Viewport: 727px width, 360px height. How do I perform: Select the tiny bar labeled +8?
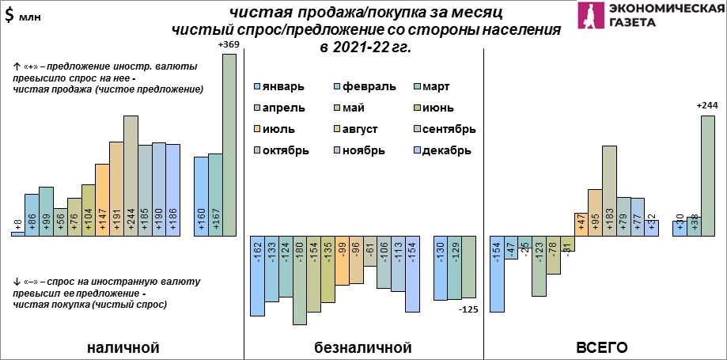point(17,233)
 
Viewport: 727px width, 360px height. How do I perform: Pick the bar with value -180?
point(299,279)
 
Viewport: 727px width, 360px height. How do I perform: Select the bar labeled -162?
point(257,275)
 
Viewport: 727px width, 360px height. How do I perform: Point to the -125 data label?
point(469,309)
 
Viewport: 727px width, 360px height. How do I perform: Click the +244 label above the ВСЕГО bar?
point(707,106)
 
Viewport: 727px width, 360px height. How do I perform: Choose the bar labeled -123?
point(539,266)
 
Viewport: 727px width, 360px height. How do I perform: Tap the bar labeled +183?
point(608,190)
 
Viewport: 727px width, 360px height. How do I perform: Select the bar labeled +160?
point(201,196)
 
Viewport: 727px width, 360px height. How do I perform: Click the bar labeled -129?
point(455,267)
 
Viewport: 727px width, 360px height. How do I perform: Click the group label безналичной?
point(364,347)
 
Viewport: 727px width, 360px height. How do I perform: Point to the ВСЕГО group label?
point(602,347)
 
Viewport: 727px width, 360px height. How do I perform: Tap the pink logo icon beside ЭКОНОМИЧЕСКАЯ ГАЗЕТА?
point(589,16)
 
